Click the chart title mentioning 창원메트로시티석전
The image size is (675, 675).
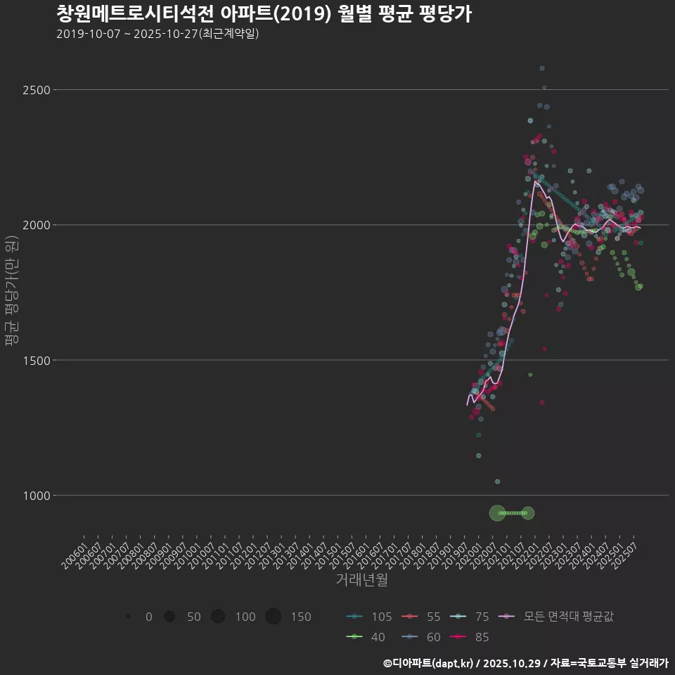[x=264, y=14]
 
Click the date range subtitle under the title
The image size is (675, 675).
[x=157, y=34]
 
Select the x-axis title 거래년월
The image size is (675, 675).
[x=361, y=579]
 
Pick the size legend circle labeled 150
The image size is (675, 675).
[x=274, y=617]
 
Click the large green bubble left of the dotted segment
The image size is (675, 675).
[x=497, y=513]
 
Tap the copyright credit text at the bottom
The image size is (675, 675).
[x=525, y=663]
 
